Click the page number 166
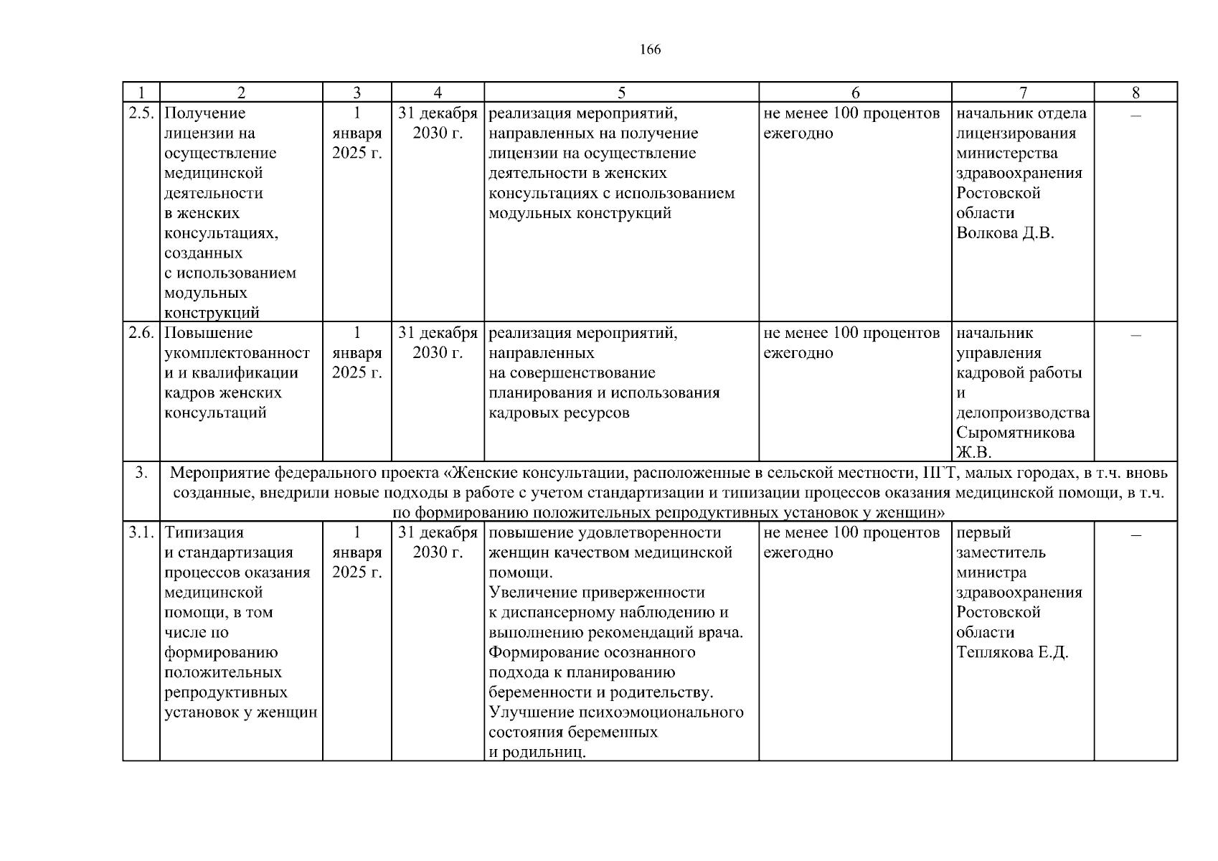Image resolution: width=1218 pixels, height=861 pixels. coord(650,50)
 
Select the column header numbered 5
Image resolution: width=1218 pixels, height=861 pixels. coord(621,93)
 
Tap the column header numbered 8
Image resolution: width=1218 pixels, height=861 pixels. coord(1136,93)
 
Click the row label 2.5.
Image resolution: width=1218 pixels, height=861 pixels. coord(141,113)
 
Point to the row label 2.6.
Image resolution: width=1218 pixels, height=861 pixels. coord(141,333)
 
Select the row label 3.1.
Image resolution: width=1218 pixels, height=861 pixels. coord(141,533)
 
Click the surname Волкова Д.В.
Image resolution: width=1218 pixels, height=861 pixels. coord(1005,233)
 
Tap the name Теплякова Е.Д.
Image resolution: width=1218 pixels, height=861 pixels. coord(1012,652)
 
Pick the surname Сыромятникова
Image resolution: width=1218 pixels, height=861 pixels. coord(1015,433)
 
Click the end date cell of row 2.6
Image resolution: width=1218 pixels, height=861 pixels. coord(438,343)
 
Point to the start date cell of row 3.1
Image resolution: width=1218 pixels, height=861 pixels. coord(357,553)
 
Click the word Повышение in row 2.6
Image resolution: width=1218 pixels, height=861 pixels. coord(208,333)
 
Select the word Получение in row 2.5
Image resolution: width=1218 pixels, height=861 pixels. coord(204,113)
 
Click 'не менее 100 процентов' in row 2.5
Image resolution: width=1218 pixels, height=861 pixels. coord(851,113)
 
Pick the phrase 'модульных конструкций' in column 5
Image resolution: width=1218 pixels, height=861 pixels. coord(580,213)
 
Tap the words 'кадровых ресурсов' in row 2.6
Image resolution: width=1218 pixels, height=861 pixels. coord(559,413)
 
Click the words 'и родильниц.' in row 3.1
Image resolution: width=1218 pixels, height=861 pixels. coord(537,753)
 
